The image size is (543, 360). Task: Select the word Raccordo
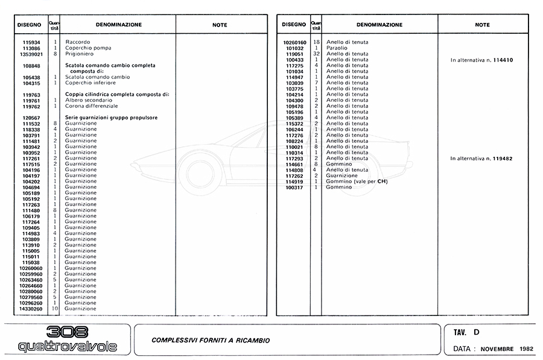click(77, 42)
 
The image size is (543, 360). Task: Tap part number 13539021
click(29, 54)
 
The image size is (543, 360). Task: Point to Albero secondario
click(89, 100)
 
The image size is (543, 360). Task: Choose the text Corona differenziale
click(92, 106)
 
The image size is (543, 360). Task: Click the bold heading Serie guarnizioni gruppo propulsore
click(111, 118)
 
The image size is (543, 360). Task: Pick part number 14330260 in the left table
click(29, 309)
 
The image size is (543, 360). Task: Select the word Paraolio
click(337, 48)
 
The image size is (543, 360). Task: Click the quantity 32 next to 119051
click(316, 54)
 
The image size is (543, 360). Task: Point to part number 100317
click(294, 187)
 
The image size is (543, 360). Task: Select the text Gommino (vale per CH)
click(357, 182)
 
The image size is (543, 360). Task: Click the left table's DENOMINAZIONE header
click(118, 25)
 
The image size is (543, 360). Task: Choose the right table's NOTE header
click(482, 25)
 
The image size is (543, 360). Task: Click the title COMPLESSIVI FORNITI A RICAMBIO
click(211, 341)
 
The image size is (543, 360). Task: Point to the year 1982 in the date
click(525, 349)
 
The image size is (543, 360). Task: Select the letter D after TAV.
click(477, 332)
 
